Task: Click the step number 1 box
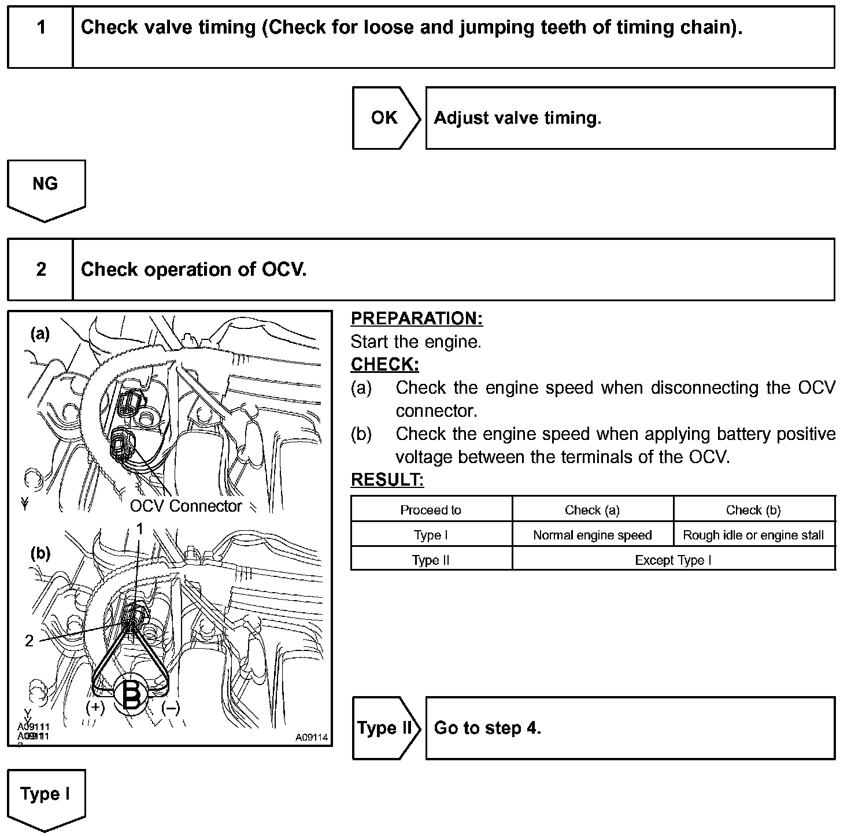point(40,36)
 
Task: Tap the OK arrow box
point(385,118)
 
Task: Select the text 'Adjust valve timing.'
point(517,118)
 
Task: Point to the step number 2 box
point(40,269)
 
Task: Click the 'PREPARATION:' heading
point(416,319)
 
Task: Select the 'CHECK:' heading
point(384,365)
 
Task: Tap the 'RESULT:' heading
point(387,480)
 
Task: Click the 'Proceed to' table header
point(431,510)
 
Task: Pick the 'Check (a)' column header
point(592,510)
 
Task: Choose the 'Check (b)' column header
point(753,510)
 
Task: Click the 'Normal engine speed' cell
point(592,535)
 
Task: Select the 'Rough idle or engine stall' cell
point(753,535)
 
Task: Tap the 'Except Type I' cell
point(673,560)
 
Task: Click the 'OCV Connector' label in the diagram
point(186,506)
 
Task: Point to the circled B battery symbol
point(132,696)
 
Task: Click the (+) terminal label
point(95,708)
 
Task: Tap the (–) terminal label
point(170,708)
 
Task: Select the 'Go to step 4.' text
point(487,728)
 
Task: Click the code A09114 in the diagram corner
point(311,737)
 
